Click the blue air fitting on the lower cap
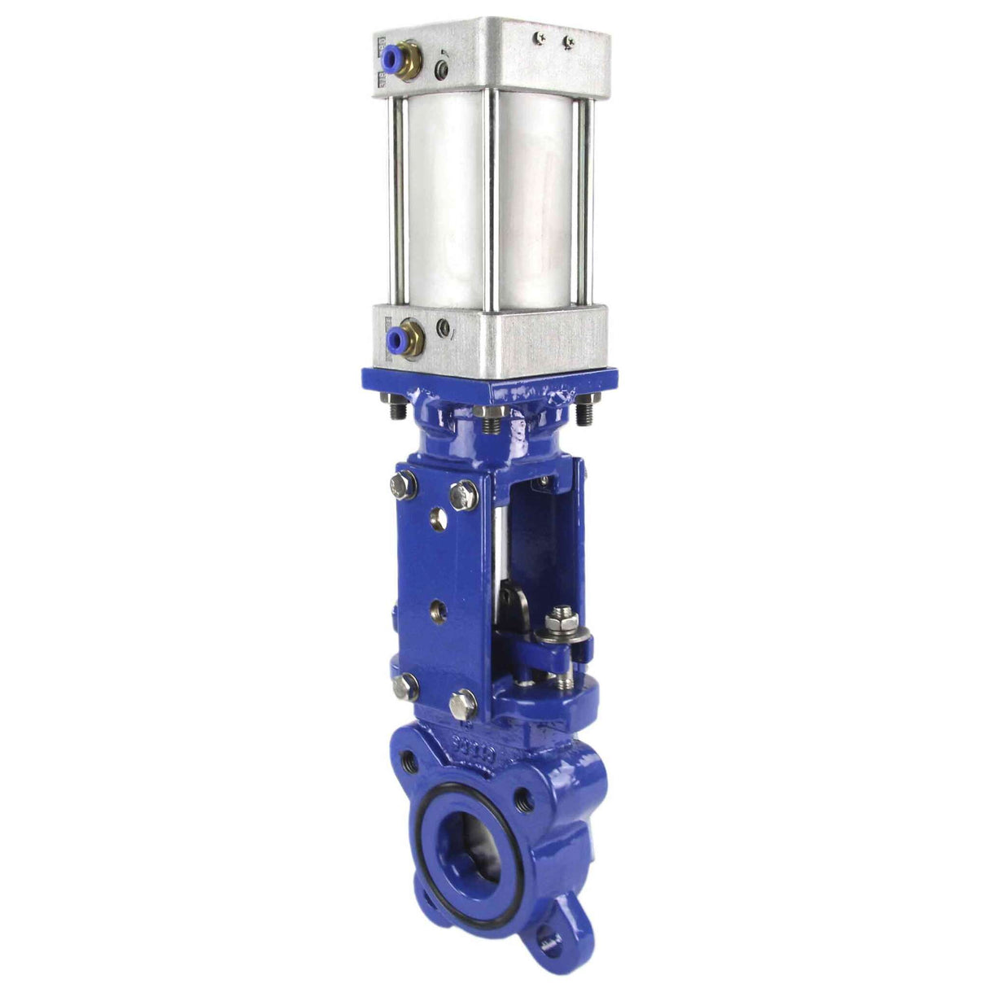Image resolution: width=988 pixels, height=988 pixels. pyautogui.click(x=396, y=335)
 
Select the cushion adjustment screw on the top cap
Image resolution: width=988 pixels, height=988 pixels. pyautogui.click(x=443, y=67)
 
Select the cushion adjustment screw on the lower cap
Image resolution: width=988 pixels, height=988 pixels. pyautogui.click(x=444, y=328)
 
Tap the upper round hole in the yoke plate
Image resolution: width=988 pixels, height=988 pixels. pyautogui.click(x=439, y=517)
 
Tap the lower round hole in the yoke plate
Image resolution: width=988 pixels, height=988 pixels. pyautogui.click(x=439, y=608)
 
